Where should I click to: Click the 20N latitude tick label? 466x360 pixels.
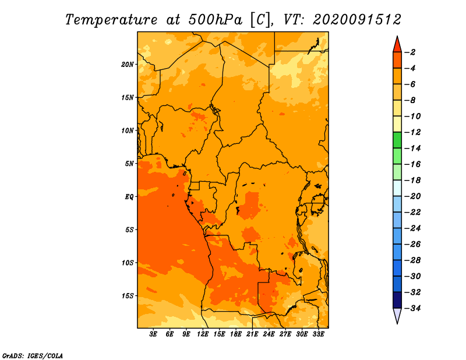tap(128, 65)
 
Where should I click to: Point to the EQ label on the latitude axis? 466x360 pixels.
tap(129, 197)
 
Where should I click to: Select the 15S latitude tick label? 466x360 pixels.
tap(128, 296)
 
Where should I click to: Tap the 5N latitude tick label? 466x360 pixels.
tap(129, 164)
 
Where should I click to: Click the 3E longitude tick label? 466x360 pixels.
tap(153, 334)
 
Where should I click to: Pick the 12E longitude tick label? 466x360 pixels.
tap(203, 334)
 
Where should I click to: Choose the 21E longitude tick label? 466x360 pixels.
tap(252, 334)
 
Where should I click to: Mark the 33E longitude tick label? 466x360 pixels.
tap(318, 334)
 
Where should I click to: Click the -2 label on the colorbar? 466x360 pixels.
tap(410, 52)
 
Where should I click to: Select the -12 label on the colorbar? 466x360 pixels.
tap(413, 132)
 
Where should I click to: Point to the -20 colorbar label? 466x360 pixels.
tap(413, 196)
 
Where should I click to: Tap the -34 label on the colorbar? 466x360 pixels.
tap(413, 308)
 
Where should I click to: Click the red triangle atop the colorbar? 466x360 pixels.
tap(397, 45)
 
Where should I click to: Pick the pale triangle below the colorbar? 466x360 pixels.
tap(397, 315)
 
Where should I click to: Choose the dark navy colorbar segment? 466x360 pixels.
tap(397, 300)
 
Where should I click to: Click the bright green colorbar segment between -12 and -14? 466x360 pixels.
tap(397, 140)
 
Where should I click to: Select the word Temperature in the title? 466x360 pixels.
tap(111, 20)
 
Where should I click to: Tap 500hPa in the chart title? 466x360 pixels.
tap(215, 20)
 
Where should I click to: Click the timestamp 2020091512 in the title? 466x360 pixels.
tap(357, 20)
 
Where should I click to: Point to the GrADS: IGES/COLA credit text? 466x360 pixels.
tap(33, 355)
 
